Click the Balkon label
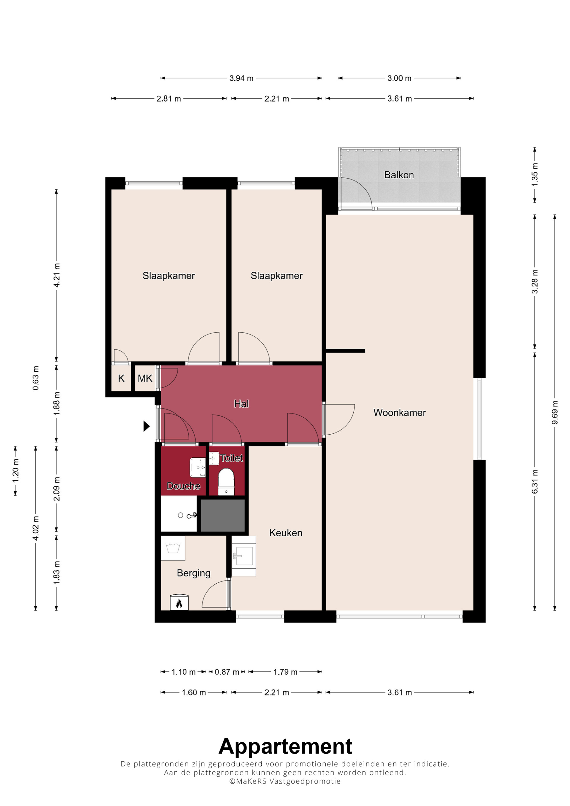pos(399,175)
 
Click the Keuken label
pos(286,533)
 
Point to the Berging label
pos(194,573)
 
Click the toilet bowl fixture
pos(226,482)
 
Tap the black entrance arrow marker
pos(146,426)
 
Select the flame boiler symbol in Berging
pos(179,602)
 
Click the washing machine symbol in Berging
pos(173,548)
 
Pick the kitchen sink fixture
pos(244,556)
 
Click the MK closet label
pos(145,379)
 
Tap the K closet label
pos(121,379)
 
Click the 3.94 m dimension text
pos(241,78)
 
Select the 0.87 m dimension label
pos(227,672)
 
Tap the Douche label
pos(183,486)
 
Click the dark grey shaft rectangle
pos(223,515)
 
